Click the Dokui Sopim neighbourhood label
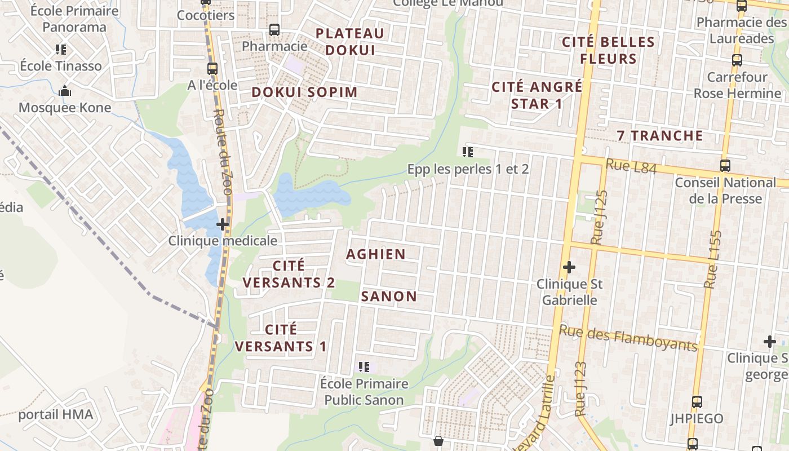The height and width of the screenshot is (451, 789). pyautogui.click(x=304, y=92)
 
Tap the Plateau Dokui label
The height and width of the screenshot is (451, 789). pyautogui.click(x=350, y=41)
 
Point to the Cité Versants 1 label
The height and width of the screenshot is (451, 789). pyautogui.click(x=281, y=338)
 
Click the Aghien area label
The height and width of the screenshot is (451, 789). pyautogui.click(x=376, y=254)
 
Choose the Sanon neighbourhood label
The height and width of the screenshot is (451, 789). pyautogui.click(x=389, y=297)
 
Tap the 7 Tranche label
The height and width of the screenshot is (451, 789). pyautogui.click(x=660, y=136)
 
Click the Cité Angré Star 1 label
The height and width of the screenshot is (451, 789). pyautogui.click(x=537, y=95)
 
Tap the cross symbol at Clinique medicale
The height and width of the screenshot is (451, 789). pyautogui.click(x=223, y=224)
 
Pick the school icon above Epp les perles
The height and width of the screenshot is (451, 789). pyautogui.click(x=467, y=152)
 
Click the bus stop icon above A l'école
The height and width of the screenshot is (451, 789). pyautogui.click(x=212, y=69)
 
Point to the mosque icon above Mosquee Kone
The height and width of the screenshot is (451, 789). pyautogui.click(x=65, y=91)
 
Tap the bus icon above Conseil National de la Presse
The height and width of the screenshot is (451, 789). pyautogui.click(x=725, y=166)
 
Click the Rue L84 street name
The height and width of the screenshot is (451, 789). pyautogui.click(x=631, y=166)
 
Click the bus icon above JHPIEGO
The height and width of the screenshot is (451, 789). pyautogui.click(x=697, y=402)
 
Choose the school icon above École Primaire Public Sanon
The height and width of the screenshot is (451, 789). pyautogui.click(x=364, y=367)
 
